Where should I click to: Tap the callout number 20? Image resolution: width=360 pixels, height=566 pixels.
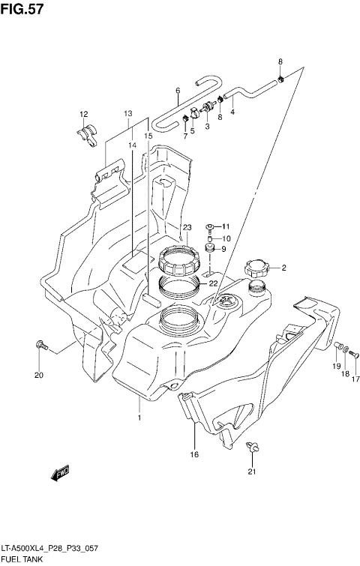(39, 376)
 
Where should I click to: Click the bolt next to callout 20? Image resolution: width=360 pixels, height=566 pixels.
(40, 346)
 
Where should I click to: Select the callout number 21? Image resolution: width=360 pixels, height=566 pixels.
(252, 472)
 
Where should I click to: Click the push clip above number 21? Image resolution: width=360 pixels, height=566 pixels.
(253, 448)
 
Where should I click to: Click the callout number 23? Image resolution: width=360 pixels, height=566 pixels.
(187, 228)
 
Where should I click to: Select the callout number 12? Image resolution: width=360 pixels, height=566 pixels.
(85, 114)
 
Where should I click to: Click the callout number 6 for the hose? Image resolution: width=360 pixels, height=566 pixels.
(178, 91)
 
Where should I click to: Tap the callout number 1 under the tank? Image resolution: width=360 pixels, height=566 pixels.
(139, 418)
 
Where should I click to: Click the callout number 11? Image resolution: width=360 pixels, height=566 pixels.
(225, 227)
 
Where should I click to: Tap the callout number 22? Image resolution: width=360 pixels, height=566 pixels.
(213, 283)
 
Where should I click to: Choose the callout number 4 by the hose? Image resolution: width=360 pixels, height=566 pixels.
(232, 112)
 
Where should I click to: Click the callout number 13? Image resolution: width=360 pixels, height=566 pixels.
(128, 113)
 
